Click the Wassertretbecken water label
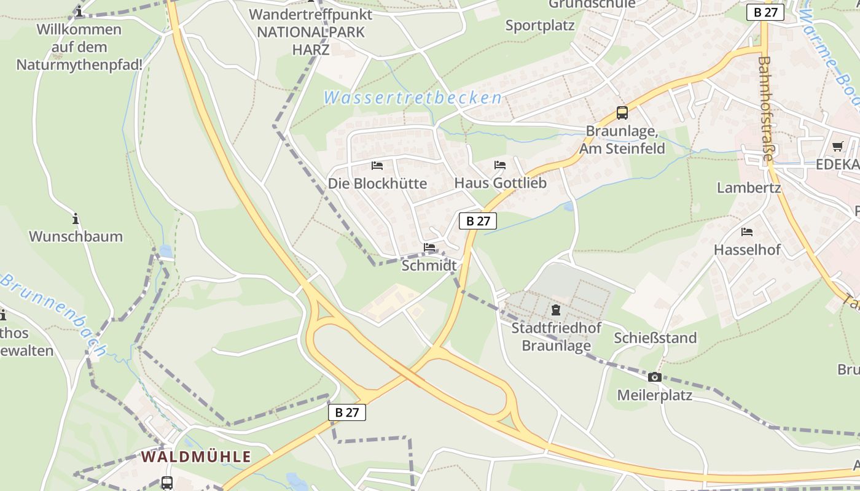pyautogui.click(x=412, y=98)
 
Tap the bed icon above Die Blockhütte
pyautogui.click(x=377, y=166)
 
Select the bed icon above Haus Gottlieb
pyautogui.click(x=500, y=165)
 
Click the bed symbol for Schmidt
pyautogui.click(x=429, y=247)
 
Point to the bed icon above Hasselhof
pyautogui.click(x=747, y=232)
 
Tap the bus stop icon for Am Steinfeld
pyautogui.click(x=622, y=113)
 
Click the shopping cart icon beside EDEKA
pyautogui.click(x=837, y=146)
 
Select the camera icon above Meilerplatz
pyautogui.click(x=655, y=377)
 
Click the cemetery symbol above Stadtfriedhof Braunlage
pyautogui.click(x=556, y=310)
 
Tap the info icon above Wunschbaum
pyautogui.click(x=76, y=218)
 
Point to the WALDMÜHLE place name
pyautogui.click(x=196, y=457)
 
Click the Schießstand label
pyautogui.click(x=655, y=338)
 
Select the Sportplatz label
pyautogui.click(x=540, y=25)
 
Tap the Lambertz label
pyautogui.click(x=749, y=188)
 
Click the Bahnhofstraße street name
pyautogui.click(x=765, y=109)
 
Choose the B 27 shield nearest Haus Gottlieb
pyautogui.click(x=477, y=221)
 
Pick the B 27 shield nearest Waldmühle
pyautogui.click(x=347, y=412)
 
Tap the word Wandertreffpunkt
pyautogui.click(x=311, y=14)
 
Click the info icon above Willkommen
pyautogui.click(x=79, y=11)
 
